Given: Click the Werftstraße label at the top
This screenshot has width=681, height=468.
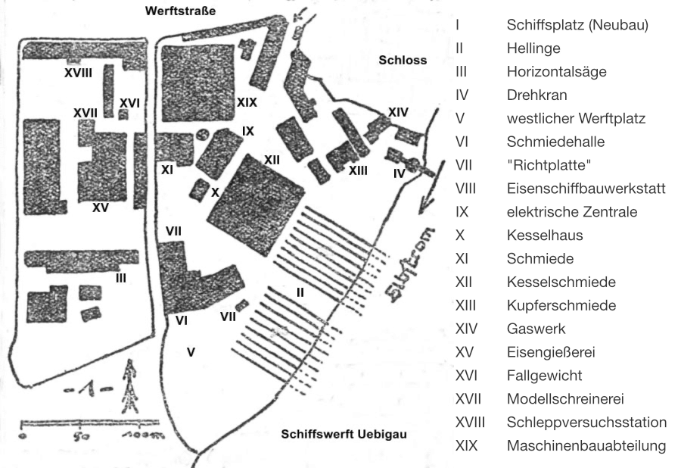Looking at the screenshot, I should [x=181, y=11].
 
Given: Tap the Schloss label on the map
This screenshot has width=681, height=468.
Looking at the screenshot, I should [x=403, y=60].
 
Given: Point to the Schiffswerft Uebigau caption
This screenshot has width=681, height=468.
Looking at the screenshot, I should [x=344, y=435].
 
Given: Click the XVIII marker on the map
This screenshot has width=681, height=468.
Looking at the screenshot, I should [x=78, y=73].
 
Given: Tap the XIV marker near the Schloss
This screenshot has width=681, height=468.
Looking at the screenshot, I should [x=398, y=112].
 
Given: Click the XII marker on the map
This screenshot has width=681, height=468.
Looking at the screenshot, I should [x=272, y=159].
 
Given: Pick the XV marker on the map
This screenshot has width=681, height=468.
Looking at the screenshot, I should [x=100, y=207].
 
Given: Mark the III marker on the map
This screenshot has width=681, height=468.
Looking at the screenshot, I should [x=120, y=277].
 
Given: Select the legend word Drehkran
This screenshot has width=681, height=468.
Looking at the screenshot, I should [x=536, y=95].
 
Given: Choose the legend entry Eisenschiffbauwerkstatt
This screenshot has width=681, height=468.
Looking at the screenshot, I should [x=586, y=189].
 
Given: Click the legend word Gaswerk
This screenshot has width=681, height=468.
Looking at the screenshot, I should [x=536, y=329].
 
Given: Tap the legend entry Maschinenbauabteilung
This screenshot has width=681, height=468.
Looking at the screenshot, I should [x=586, y=445].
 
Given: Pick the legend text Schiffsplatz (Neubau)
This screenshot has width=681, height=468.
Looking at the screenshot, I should [x=577, y=25].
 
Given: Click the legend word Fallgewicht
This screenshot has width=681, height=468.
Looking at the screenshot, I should [x=544, y=376].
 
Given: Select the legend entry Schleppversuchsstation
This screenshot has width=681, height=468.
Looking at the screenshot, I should [x=586, y=423].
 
